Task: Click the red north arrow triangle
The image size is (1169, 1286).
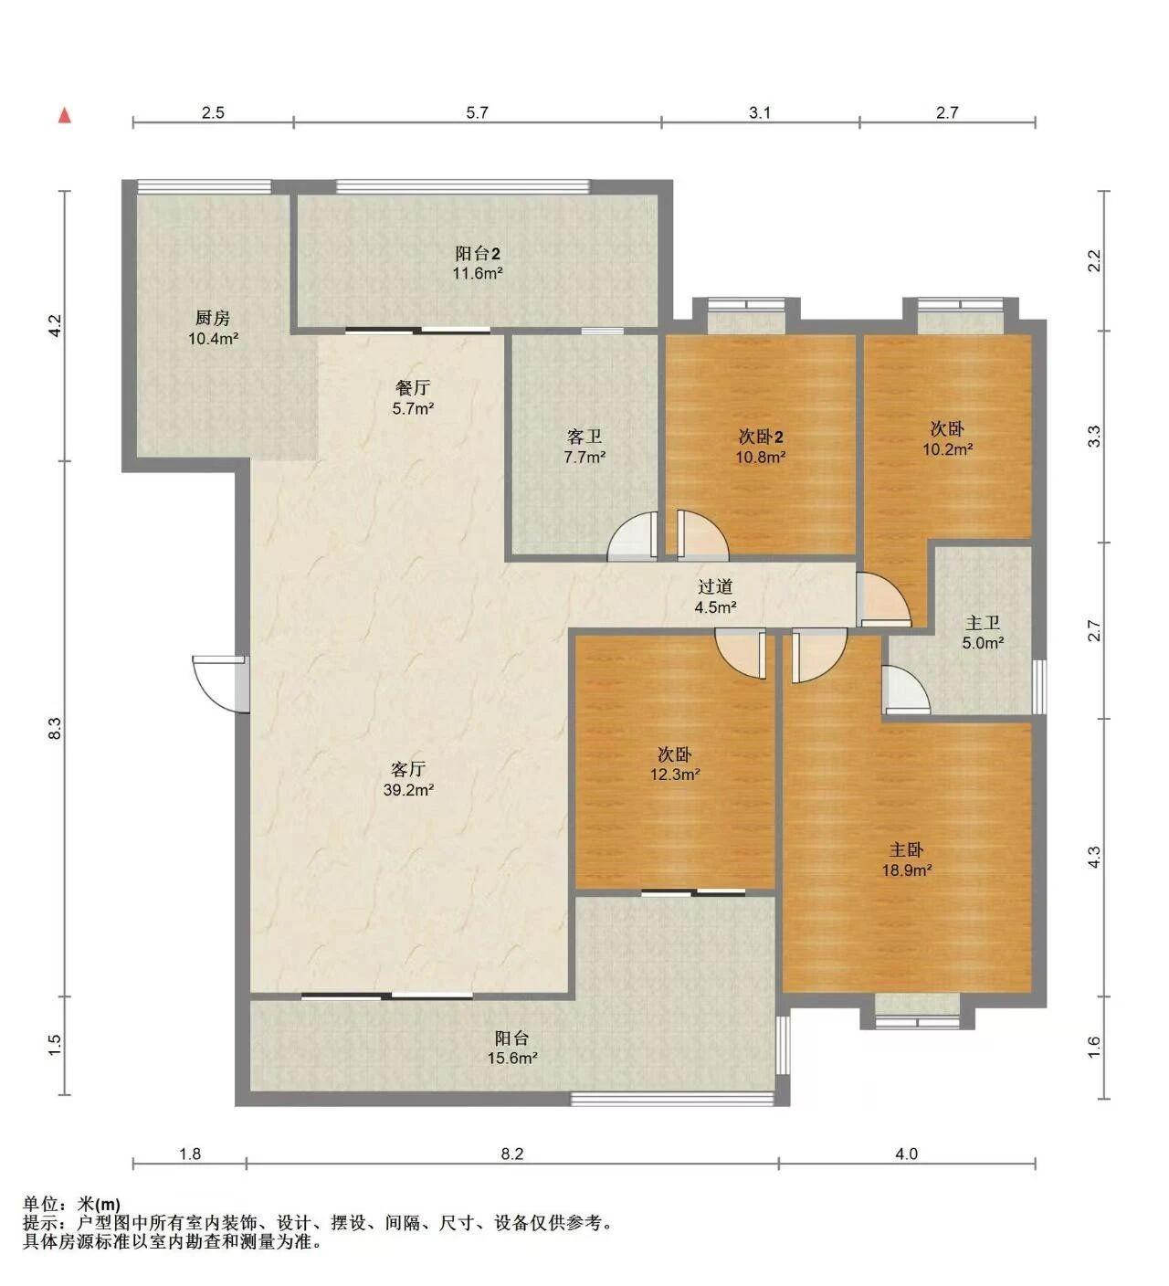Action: [65, 115]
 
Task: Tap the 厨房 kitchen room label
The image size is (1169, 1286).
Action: [212, 317]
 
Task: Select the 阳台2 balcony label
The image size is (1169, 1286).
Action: [477, 253]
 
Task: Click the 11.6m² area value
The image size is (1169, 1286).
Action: [477, 274]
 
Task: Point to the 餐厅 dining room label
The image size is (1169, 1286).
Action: [412, 388]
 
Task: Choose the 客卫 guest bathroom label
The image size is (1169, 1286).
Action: [584, 437]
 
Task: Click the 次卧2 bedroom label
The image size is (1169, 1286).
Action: [761, 437]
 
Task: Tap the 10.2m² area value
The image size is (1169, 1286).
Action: [948, 449]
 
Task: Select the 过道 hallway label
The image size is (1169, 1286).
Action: [715, 586]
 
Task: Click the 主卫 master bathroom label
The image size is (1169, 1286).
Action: [983, 623]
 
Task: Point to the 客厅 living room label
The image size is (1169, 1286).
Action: [408, 769]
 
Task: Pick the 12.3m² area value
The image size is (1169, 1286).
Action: [675, 775]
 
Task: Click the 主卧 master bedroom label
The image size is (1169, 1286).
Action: [906, 850]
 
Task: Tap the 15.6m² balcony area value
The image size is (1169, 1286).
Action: [511, 1058]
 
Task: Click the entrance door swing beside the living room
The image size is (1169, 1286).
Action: [215, 683]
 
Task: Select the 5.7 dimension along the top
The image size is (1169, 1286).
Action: [477, 113]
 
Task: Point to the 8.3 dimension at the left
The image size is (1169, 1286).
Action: [55, 728]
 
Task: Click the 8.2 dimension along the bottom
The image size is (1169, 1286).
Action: [511, 1154]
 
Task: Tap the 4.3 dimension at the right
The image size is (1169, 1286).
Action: [1094, 857]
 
